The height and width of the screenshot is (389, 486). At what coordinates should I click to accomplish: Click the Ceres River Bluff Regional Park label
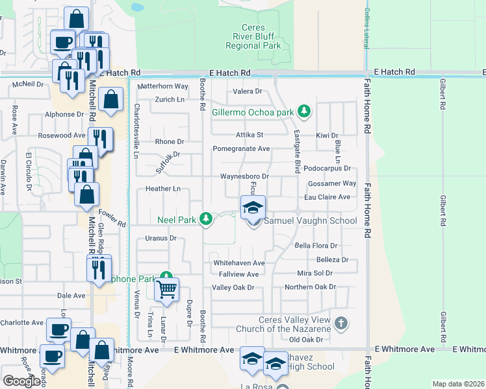pyautogui.click(x=253, y=37)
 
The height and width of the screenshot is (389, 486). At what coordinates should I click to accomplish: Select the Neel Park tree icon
pyautogui.click(x=206, y=219)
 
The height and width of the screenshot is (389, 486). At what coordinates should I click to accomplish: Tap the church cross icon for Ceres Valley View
pyautogui.click(x=341, y=322)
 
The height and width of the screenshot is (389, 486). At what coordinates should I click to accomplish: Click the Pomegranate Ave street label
pyautogui.click(x=241, y=148)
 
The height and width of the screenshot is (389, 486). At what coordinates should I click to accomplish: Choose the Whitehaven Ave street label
pyautogui.click(x=240, y=263)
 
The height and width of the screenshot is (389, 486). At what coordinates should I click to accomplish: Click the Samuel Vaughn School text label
pyautogui.click(x=310, y=221)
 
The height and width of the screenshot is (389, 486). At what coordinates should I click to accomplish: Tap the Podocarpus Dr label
pyautogui.click(x=327, y=168)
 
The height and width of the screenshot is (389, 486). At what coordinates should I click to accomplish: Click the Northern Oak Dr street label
pyautogui.click(x=310, y=287)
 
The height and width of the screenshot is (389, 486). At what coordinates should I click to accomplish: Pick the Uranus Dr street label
pyautogui.click(x=160, y=239)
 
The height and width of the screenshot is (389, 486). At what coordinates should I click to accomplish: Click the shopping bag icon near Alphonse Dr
pyautogui.click(x=112, y=100)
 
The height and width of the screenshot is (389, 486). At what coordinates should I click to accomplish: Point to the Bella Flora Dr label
pyautogui.click(x=316, y=246)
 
